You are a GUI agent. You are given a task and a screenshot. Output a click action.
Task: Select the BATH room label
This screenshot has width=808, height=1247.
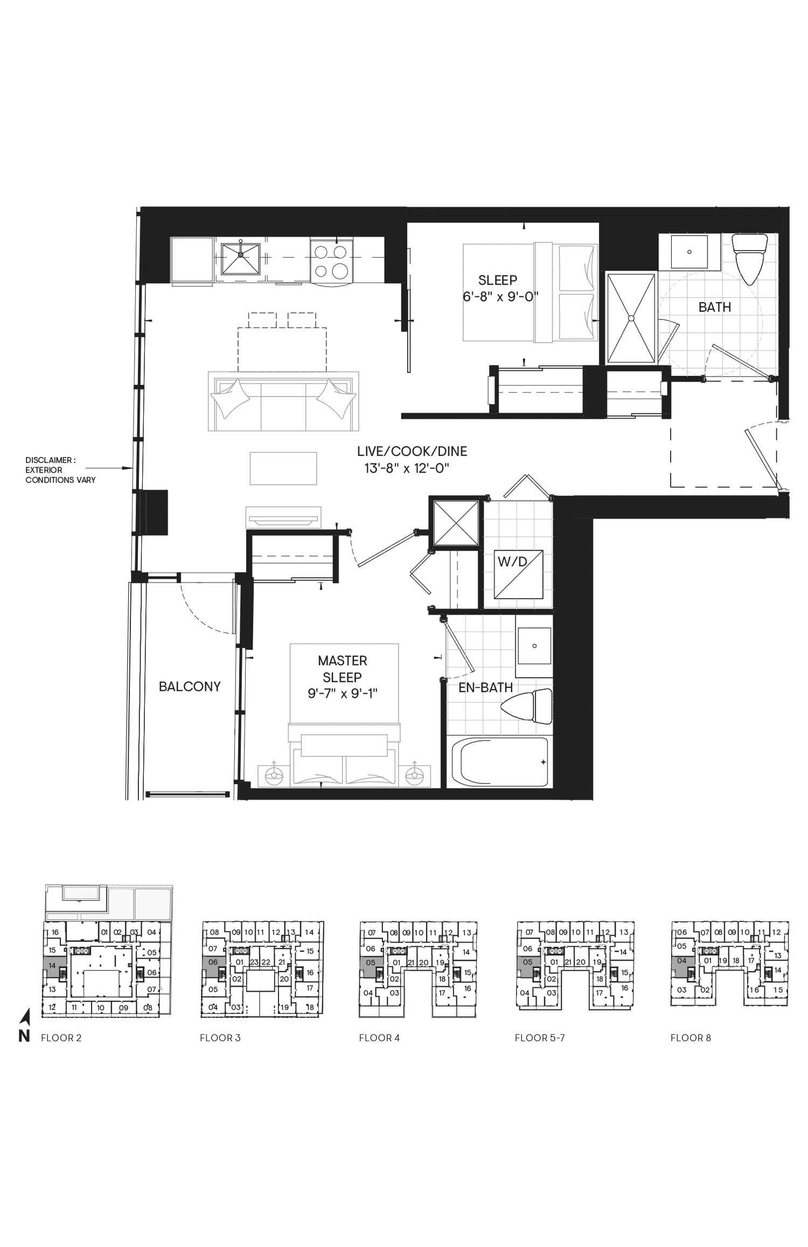[715, 307]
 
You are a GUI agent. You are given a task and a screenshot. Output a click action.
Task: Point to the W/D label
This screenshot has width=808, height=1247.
[512, 562]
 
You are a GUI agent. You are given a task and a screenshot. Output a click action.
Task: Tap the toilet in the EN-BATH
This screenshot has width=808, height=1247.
[526, 707]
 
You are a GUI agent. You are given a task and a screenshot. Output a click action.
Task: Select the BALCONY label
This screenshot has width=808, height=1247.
[190, 687]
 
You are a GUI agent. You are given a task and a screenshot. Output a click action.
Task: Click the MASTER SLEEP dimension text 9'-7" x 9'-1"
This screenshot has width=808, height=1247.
[343, 694]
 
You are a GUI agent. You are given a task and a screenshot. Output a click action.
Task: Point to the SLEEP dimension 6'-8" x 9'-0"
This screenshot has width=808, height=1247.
[500, 296]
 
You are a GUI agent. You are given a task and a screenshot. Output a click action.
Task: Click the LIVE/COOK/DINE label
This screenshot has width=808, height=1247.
[412, 452]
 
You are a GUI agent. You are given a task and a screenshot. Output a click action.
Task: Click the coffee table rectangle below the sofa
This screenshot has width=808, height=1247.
[283, 468]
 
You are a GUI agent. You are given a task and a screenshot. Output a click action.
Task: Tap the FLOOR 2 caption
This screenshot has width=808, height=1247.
[61, 1038]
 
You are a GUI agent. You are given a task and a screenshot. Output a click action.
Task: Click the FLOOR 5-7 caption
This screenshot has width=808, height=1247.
[540, 1038]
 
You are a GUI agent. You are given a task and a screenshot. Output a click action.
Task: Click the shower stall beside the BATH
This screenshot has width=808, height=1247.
[631, 318]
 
